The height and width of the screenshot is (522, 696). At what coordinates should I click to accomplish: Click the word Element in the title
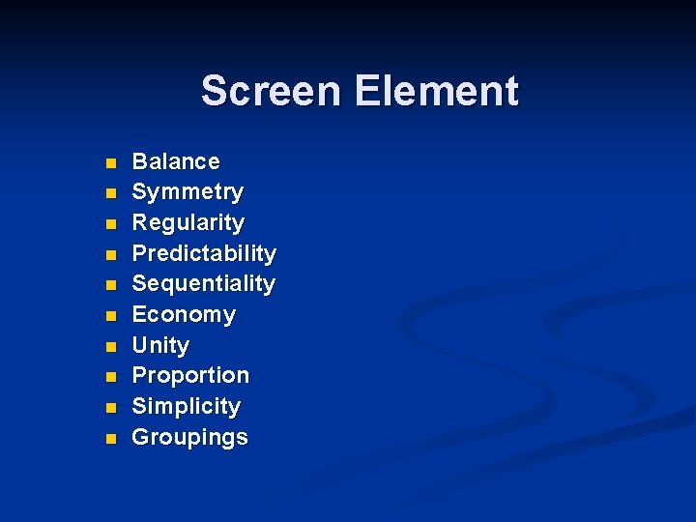[x=436, y=92]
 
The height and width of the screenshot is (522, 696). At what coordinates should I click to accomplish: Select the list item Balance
[x=176, y=161]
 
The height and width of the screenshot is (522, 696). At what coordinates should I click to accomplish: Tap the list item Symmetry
[x=188, y=192]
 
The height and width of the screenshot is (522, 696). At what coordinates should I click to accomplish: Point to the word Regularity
[x=188, y=223]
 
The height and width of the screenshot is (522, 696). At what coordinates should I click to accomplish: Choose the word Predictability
[x=204, y=253]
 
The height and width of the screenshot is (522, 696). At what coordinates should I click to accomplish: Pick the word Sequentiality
[x=204, y=284]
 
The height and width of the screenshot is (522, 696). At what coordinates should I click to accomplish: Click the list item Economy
[x=184, y=315]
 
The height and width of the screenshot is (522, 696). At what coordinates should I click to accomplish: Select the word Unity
[x=160, y=345]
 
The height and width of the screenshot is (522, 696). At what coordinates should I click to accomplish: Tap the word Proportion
[x=190, y=376]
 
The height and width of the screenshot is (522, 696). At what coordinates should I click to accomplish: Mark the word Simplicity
[x=186, y=407]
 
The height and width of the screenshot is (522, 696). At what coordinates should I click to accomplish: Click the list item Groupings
[x=189, y=438]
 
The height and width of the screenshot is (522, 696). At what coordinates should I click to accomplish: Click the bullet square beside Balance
[x=111, y=163]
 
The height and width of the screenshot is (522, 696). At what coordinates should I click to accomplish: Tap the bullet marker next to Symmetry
[x=111, y=193]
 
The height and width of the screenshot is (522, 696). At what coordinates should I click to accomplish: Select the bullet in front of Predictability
[x=111, y=255]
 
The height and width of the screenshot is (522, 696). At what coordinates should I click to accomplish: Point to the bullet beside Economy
[x=111, y=316]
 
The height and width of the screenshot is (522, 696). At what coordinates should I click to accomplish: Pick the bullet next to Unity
[x=111, y=347]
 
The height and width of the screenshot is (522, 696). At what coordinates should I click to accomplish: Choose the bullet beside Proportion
[x=111, y=377]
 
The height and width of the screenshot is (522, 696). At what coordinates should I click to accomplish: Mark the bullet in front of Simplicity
[x=111, y=408]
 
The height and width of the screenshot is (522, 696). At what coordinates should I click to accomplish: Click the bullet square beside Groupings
[x=111, y=439]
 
